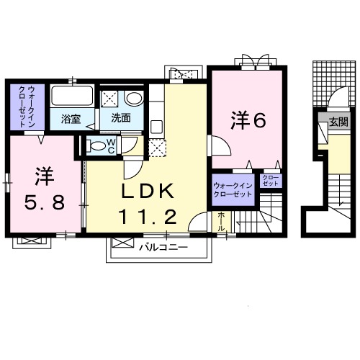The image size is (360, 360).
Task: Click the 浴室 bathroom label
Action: point(70,118)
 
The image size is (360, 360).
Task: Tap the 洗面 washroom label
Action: point(120,118)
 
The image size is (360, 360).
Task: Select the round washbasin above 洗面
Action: point(133,99)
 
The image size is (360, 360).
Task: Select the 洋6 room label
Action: point(248,120)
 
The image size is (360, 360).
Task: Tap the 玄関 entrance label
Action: point(338,122)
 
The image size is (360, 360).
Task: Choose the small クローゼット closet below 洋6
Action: point(270,180)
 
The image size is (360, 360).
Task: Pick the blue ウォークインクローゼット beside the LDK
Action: point(232,190)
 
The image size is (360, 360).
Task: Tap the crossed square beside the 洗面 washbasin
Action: point(110,99)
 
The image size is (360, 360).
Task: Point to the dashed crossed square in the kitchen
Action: point(158,146)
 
